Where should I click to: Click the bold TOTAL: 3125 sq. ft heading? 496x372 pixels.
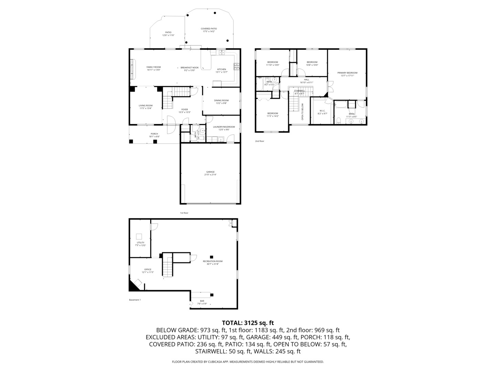248,323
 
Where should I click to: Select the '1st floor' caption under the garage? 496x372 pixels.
184,213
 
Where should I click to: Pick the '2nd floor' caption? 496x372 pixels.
260,141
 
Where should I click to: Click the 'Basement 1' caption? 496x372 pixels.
135,300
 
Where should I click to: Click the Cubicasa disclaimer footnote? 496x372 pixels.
248,362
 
